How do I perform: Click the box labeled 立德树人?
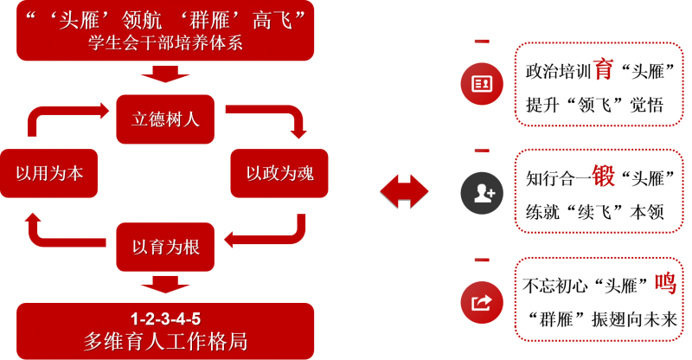165,119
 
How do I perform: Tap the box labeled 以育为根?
165,247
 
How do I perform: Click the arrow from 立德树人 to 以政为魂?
277,121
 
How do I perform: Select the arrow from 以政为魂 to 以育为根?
277,229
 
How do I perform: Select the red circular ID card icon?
482,83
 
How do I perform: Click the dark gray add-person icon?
482,191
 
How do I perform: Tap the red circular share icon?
482,302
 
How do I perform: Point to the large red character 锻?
603,177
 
